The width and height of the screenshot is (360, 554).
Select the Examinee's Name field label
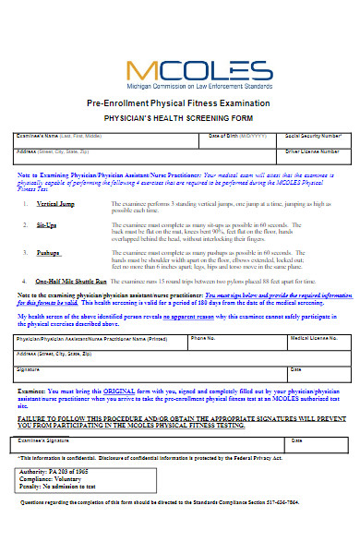point(54,137)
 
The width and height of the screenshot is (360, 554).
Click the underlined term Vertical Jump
point(54,203)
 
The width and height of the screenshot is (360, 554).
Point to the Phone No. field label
point(203,339)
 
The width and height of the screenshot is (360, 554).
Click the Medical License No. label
point(314,339)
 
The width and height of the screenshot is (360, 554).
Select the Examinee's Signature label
point(46,441)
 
